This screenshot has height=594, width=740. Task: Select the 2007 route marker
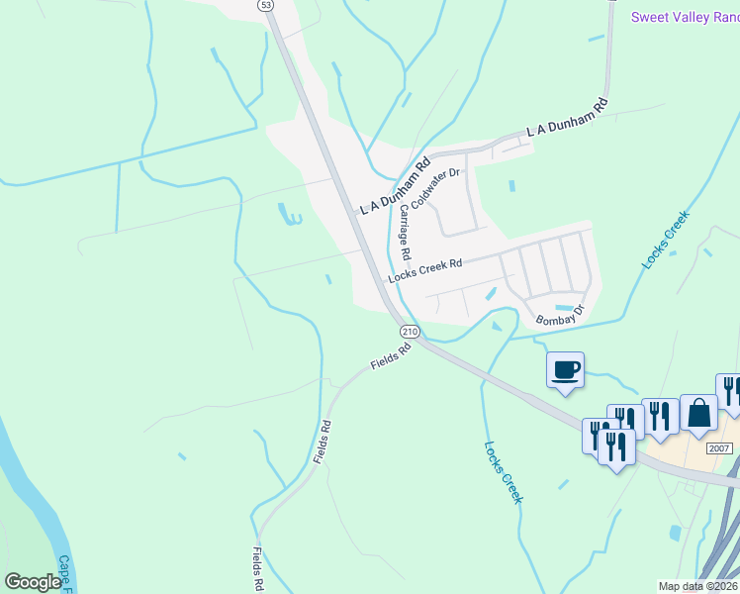coord(719,448)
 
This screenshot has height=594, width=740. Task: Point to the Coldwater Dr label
coord(436,187)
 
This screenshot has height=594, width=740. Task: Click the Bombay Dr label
coord(560,316)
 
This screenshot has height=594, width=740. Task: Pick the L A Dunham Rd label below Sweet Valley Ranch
coord(566,117)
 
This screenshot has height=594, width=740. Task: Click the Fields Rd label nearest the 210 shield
coord(391,357)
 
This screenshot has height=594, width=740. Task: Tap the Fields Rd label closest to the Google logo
coord(257,569)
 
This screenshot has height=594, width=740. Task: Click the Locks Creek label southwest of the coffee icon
coord(503,471)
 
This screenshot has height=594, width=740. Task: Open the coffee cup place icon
coord(565,370)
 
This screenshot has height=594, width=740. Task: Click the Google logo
coord(33,582)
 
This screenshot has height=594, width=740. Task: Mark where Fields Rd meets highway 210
coord(417,342)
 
